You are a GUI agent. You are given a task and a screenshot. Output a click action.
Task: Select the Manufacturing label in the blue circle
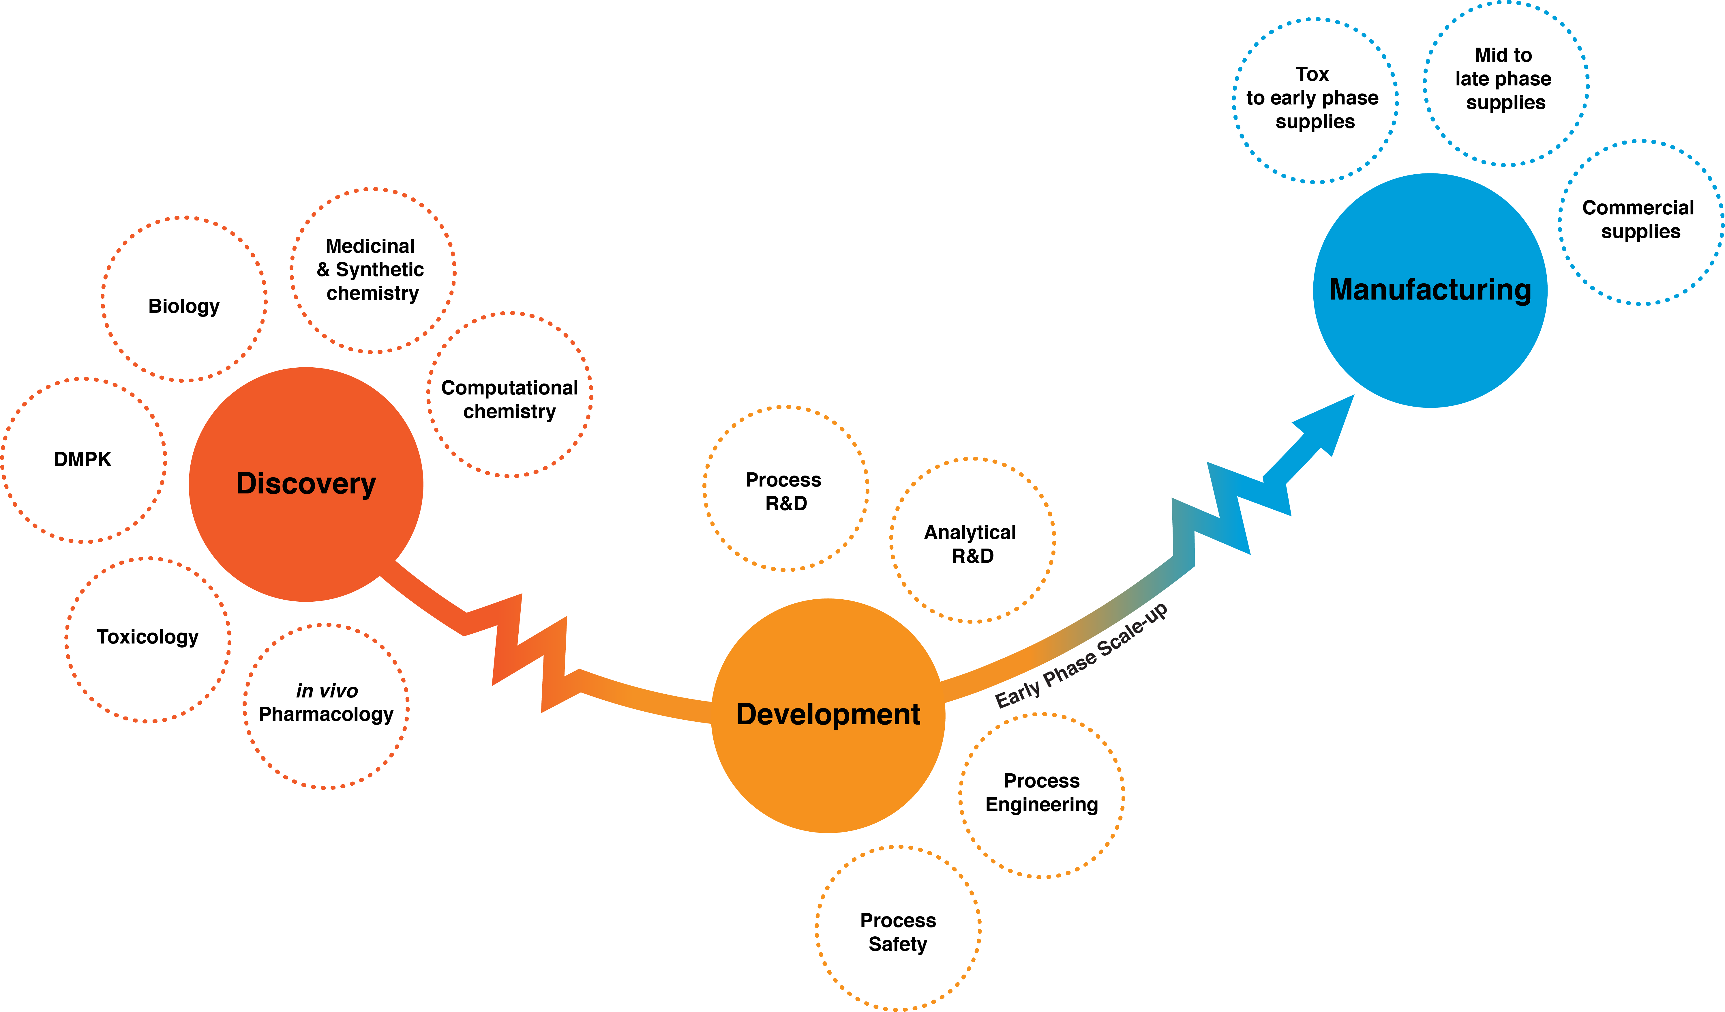1430,290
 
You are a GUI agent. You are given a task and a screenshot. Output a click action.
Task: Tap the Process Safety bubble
817,928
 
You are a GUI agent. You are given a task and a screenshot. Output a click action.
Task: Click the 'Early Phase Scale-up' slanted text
1081,655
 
